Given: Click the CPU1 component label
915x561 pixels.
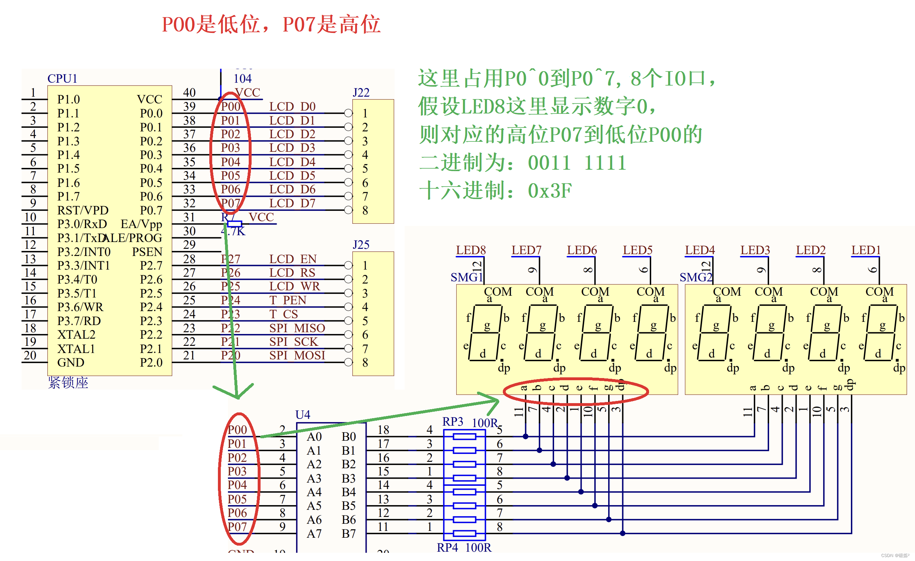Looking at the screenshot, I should click(x=62, y=79).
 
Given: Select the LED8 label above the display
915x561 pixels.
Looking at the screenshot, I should click(x=471, y=250).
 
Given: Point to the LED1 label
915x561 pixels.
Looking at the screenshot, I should click(x=866, y=250).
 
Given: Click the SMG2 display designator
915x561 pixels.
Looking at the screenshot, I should click(x=696, y=277).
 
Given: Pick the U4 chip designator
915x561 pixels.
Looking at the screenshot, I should click(x=302, y=415).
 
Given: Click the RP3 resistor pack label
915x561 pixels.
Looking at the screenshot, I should click(x=453, y=421).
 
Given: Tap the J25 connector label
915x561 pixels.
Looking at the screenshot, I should click(x=361, y=245).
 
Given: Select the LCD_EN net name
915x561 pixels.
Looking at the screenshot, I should click(x=292, y=259).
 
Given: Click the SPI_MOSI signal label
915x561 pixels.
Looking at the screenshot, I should click(x=297, y=356).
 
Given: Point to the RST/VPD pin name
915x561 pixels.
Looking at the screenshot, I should click(x=83, y=211).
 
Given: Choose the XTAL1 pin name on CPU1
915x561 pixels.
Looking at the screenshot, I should click(x=76, y=349).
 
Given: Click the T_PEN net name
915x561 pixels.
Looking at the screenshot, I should click(x=288, y=300).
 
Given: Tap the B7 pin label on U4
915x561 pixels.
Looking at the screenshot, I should click(x=349, y=533).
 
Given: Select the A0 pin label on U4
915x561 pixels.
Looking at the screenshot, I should click(x=314, y=437).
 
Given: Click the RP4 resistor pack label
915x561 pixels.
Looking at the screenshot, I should click(x=447, y=548).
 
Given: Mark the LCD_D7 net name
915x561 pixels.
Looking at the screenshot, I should click(x=292, y=203).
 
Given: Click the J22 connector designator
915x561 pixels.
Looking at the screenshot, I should click(x=361, y=92).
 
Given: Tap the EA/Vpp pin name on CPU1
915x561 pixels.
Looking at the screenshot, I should click(x=141, y=224).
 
